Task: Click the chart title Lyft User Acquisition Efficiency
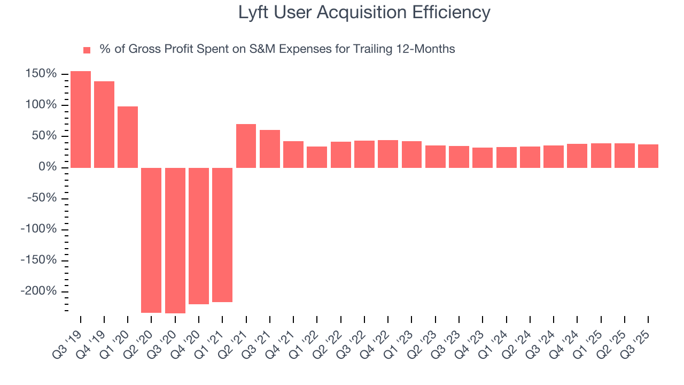[364, 12]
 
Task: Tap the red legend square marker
[87, 50]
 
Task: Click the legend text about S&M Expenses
[277, 49]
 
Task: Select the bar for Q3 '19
[81, 119]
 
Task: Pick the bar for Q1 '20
[128, 137]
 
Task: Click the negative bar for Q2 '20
[151, 240]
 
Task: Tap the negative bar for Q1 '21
[222, 235]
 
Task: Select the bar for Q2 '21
[246, 146]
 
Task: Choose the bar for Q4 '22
[388, 154]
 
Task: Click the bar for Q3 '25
[648, 156]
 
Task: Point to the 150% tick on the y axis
[41, 74]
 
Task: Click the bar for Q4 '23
[482, 158]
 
